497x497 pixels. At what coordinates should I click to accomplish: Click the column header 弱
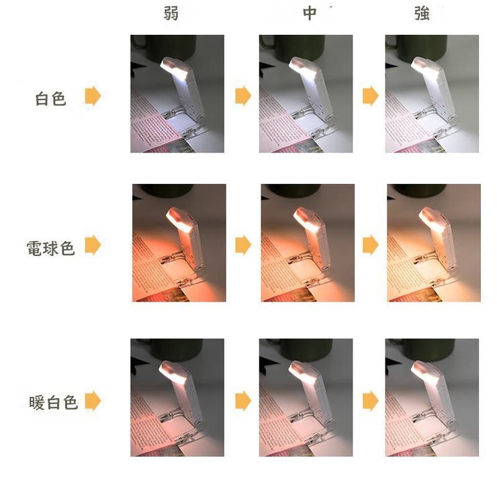pos(172,14)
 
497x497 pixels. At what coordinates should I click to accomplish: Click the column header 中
pos(309,14)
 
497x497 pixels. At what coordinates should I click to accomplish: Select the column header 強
pos(422,14)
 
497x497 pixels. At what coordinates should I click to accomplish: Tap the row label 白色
pos(51,99)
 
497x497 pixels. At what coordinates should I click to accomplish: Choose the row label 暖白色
pos(54,402)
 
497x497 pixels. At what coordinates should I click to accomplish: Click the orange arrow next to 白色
pos(93,97)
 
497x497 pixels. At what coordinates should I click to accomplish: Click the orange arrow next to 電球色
pos(93,245)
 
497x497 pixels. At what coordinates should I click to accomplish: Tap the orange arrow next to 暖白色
pos(93,402)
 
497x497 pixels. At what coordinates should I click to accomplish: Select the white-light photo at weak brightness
pos(177,94)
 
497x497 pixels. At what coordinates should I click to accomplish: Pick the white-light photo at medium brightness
pos(306,94)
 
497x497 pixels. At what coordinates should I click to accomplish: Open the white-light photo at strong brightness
pos(432,94)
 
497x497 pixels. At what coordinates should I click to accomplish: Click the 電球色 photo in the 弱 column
pos(179,242)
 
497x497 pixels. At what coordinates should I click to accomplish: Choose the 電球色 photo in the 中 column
pos(306,242)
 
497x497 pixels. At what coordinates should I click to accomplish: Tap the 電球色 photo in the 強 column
pos(433,242)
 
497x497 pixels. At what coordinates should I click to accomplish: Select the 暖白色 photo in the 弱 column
pos(177,398)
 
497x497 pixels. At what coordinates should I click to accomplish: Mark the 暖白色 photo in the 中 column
pos(306,398)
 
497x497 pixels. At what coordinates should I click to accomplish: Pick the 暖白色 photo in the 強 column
pos(432,398)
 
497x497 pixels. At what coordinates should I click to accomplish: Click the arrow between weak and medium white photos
pos(242,97)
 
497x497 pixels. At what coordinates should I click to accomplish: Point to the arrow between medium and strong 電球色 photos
pos(370,245)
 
